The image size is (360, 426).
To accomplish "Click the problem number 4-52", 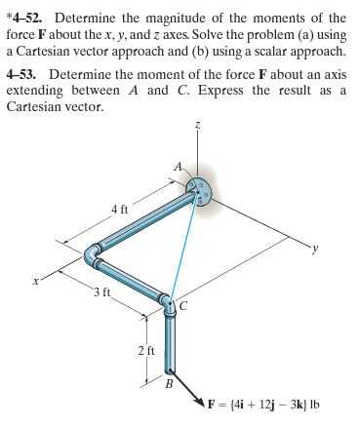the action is (30, 18).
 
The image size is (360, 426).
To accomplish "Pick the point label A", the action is (177, 166).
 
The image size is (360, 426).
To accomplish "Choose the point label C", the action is (181, 306).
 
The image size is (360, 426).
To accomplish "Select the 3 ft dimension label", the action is (102, 293).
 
